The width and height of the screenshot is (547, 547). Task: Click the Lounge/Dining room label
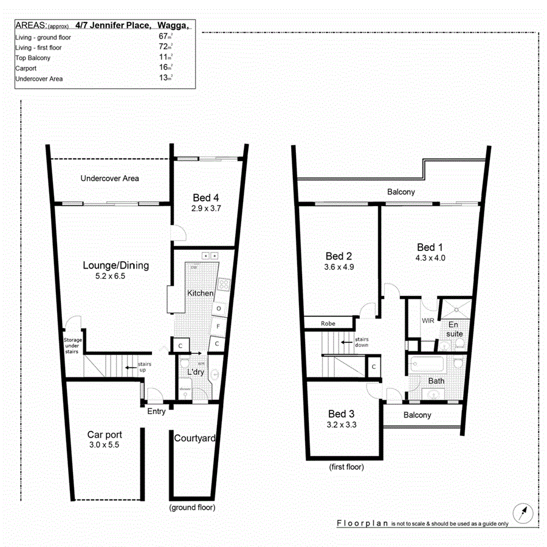[x=115, y=266]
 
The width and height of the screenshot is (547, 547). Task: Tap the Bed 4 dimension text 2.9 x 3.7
[x=206, y=208]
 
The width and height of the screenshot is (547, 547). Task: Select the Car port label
[x=105, y=435]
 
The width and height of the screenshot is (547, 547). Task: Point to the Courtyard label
[x=194, y=438]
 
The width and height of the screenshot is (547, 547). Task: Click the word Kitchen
[x=200, y=294]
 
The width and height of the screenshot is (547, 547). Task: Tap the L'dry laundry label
[x=195, y=371]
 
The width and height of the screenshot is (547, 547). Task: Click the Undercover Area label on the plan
[x=110, y=179]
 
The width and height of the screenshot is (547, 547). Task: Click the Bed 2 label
[x=339, y=255]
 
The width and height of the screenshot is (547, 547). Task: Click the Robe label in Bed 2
[x=328, y=324]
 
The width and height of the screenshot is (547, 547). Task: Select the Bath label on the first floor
[x=436, y=381]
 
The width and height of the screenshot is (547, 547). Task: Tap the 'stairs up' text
[x=144, y=367]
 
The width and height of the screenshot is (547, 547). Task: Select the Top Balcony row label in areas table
[x=33, y=58]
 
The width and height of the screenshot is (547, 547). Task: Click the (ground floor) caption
[x=192, y=507]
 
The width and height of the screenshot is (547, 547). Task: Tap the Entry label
[x=156, y=411]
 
